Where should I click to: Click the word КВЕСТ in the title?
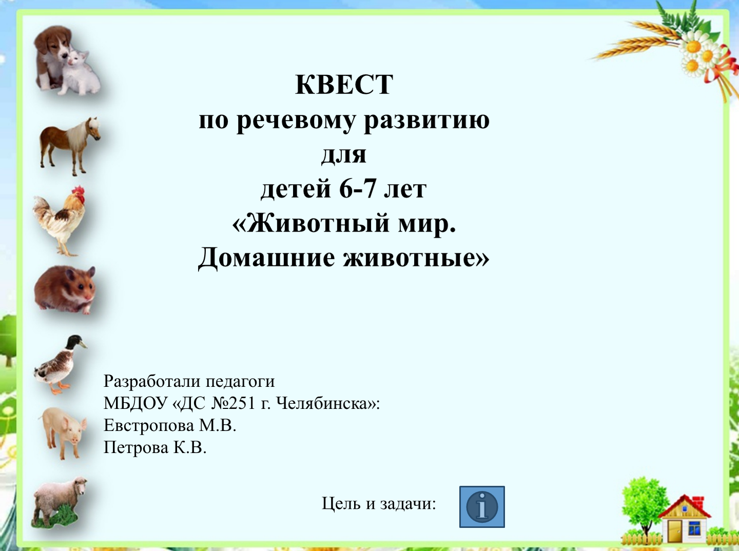point(344,85)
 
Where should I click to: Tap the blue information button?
point(482,506)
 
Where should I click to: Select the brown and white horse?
point(70,145)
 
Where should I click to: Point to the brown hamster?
point(65,290)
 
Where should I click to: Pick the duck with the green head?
point(61,364)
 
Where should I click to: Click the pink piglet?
point(63,432)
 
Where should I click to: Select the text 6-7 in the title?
point(357,189)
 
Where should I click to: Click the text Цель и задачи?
point(379,504)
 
